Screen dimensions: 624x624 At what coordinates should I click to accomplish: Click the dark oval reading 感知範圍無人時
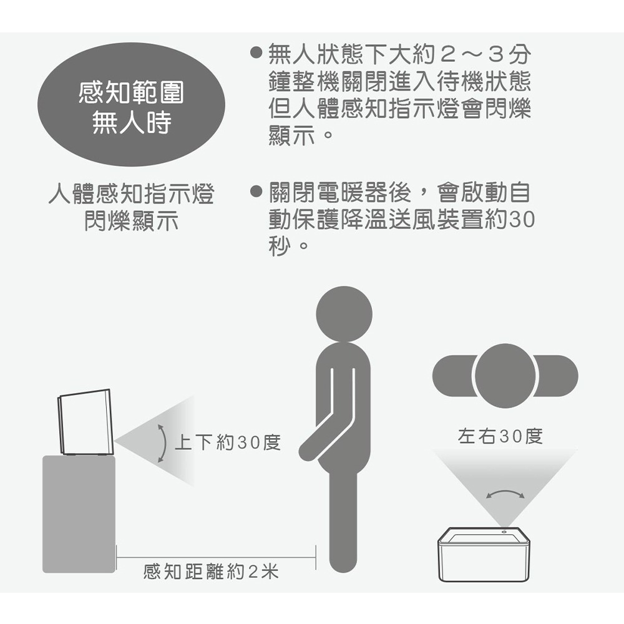coord(131,105)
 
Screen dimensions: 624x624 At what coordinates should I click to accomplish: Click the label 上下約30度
coord(228,442)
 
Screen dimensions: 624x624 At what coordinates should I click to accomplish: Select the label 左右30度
coord(500,436)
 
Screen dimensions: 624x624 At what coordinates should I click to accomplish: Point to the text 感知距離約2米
coord(211,572)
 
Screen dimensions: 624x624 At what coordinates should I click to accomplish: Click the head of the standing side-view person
coord(344,314)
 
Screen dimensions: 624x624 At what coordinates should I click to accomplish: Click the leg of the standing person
coord(343,521)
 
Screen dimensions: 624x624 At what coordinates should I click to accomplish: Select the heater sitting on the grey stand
coord(86,422)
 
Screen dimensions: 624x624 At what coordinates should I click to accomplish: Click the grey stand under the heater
coord(79,514)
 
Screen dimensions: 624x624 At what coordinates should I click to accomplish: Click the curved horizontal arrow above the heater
coord(505,493)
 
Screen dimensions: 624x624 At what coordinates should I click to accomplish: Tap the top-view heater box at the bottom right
coord(484,555)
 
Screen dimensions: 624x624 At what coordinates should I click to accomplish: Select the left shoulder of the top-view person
coord(454,376)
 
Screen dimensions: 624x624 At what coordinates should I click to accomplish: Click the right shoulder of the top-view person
coord(557,376)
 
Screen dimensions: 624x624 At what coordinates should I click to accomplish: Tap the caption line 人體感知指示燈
coord(131,194)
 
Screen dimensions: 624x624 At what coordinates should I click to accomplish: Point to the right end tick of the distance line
coord(316,557)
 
